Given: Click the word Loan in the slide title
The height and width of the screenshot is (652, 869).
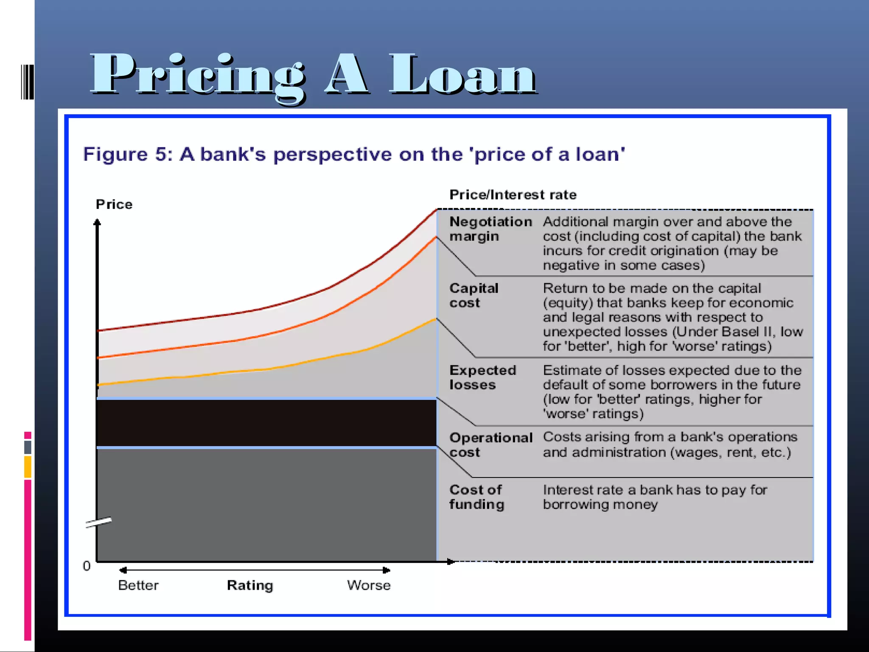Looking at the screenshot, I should click(x=463, y=74).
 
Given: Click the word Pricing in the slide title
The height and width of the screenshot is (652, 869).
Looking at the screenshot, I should click(x=197, y=74).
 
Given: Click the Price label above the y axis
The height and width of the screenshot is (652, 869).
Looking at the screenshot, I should click(x=114, y=204).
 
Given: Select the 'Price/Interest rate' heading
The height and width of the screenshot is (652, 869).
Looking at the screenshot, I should click(x=513, y=195).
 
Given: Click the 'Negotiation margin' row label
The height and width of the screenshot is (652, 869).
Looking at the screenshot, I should click(x=490, y=229).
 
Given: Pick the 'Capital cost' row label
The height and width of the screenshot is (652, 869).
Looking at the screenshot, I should click(x=473, y=295).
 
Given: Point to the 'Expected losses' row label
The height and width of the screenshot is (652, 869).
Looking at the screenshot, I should click(x=482, y=377).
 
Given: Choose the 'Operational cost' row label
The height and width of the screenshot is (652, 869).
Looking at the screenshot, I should click(x=490, y=444).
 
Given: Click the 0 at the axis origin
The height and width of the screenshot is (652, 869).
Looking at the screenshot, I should click(x=87, y=566).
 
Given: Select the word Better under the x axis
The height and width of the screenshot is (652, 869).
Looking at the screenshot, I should click(x=138, y=585).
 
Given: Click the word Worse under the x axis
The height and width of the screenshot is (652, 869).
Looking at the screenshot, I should click(x=368, y=585).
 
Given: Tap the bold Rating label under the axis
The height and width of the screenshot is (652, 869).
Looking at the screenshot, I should click(x=250, y=585).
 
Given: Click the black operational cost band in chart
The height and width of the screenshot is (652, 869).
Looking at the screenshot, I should click(x=266, y=423).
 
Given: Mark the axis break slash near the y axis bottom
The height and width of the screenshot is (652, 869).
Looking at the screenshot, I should click(x=98, y=522).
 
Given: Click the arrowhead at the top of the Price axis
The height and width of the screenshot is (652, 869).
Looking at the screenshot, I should click(x=97, y=222).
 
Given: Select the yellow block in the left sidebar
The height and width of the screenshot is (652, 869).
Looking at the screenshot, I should click(x=28, y=467).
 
